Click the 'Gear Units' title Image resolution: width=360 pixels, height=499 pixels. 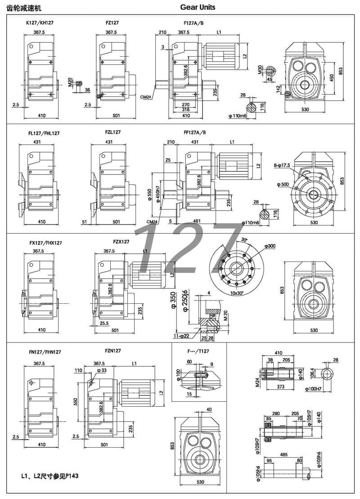pos(198,7)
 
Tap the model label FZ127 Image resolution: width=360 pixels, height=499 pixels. pos(111,22)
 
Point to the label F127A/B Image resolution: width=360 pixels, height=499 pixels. pos(193,22)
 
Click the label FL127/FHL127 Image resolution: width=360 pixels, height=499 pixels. pos(44,133)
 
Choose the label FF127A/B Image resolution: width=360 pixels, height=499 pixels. pos(196,132)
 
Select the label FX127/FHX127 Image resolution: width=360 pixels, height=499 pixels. pos(46,243)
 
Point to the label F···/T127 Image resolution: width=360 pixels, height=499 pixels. pos(198,351)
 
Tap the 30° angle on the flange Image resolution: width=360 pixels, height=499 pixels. pos(244,239)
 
